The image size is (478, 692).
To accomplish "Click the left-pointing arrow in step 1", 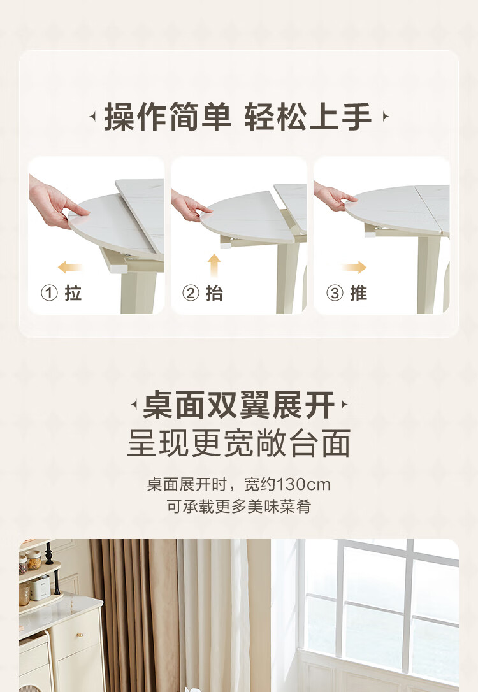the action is pyautogui.click(x=69, y=266).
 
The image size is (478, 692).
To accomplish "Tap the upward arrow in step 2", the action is pyautogui.click(x=214, y=265).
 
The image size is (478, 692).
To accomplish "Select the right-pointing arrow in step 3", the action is pyautogui.click(x=354, y=266).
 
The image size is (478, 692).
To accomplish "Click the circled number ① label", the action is pyautogui.click(x=50, y=292).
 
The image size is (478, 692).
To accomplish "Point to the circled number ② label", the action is pyautogui.click(x=191, y=292).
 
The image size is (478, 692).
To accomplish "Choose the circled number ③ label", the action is pyautogui.click(x=335, y=292).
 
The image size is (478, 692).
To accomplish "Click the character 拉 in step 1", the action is pyautogui.click(x=73, y=292).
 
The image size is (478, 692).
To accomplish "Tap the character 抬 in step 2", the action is pyautogui.click(x=215, y=292).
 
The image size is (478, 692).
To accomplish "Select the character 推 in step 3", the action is pyautogui.click(x=358, y=292).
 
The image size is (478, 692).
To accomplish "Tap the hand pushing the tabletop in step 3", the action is pyautogui.click(x=333, y=196).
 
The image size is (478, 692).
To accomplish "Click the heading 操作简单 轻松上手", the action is pyautogui.click(x=238, y=117).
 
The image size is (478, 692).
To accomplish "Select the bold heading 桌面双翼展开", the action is pyautogui.click(x=239, y=405).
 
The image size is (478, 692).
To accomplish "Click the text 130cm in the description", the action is pyautogui.click(x=303, y=484).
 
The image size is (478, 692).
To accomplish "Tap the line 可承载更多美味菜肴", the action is pyautogui.click(x=239, y=506).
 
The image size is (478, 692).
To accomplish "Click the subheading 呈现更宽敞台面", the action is pyautogui.click(x=239, y=443).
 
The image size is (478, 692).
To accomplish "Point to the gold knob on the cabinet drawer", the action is pyautogui.click(x=81, y=635).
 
